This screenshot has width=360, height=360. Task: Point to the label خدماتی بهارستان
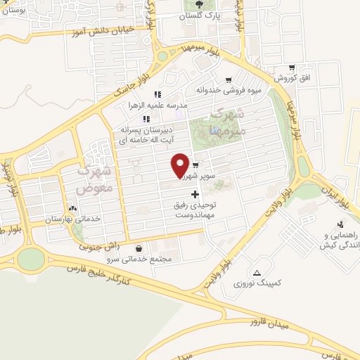click(x=72, y=219)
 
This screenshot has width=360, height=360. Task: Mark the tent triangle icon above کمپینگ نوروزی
click(x=257, y=272)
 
